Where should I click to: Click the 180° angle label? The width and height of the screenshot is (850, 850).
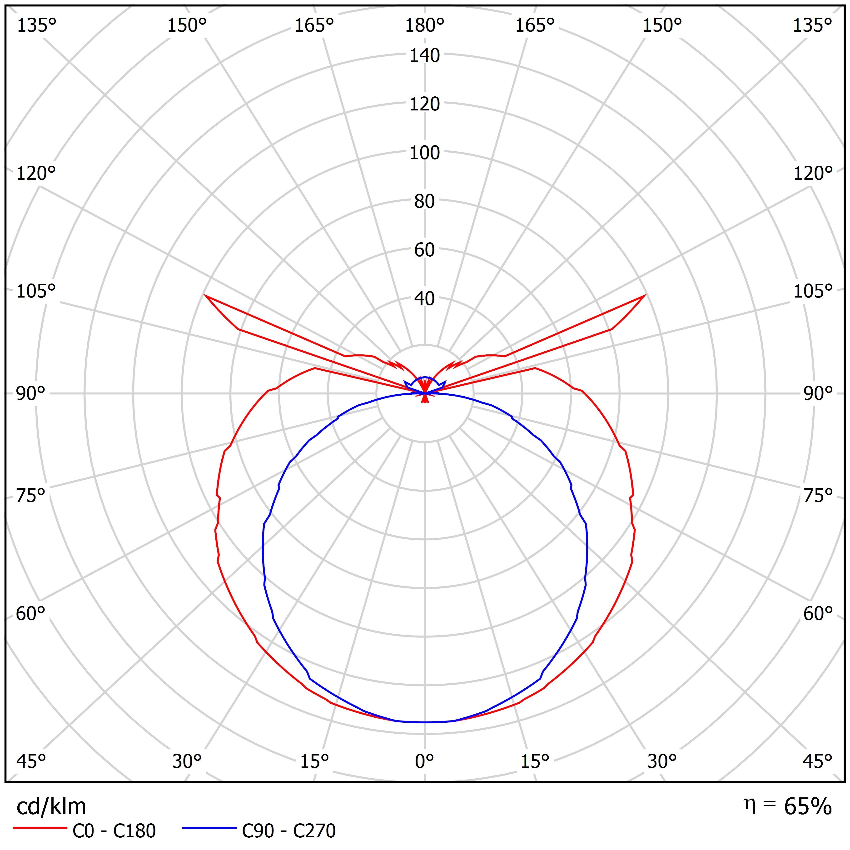point(425,26)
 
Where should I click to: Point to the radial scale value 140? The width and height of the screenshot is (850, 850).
point(425,56)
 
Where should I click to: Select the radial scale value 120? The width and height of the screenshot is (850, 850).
point(425,104)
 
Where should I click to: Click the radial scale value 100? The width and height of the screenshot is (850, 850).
point(425,153)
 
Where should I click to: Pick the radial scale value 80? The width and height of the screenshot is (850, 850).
point(425,202)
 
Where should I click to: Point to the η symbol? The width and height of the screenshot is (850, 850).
point(747,803)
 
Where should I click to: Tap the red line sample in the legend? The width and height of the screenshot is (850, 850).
point(40,828)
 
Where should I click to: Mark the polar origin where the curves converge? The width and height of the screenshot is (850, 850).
point(425,393)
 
